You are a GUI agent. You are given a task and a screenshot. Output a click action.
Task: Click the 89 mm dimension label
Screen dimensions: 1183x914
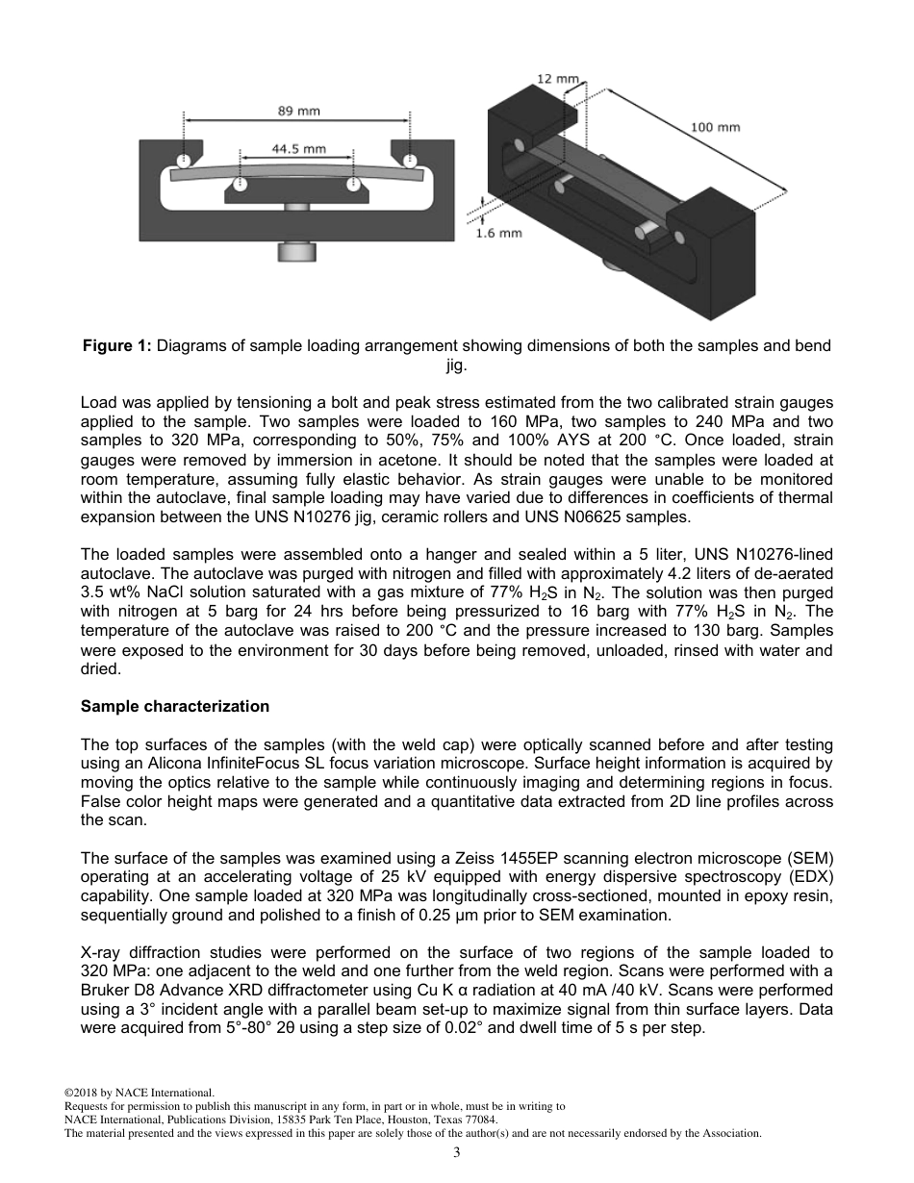tap(298, 112)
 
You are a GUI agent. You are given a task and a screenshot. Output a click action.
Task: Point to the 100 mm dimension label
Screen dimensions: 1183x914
tap(716, 127)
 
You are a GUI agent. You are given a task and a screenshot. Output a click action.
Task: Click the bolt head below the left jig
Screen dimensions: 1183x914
tap(296, 252)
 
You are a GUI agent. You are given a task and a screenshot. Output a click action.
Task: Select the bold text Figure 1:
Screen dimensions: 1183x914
tap(115, 346)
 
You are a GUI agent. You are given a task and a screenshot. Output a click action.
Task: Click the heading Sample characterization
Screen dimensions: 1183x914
tap(175, 706)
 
